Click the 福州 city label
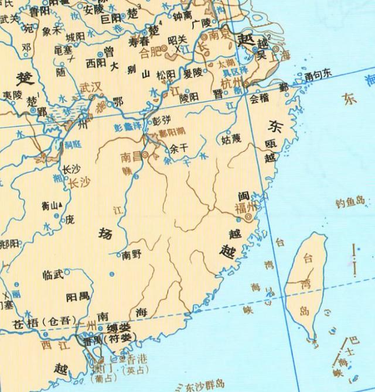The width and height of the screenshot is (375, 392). coord(245,207)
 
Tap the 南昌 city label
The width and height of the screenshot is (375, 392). coord(130,157)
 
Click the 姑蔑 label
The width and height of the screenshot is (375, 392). coord(230,140)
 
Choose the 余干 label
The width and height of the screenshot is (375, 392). coord(177,149)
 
